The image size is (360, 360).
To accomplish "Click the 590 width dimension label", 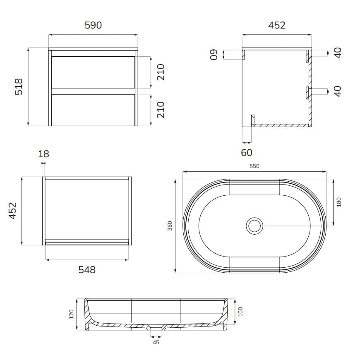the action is click(93, 25).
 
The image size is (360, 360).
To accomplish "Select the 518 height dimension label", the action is click(19, 86).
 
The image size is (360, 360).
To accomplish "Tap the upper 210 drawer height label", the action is click(161, 72).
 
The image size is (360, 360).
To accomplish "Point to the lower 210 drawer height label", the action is click(161, 110).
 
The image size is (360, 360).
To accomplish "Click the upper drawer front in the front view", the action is click(93, 72).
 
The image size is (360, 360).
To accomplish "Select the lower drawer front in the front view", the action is click(93, 110).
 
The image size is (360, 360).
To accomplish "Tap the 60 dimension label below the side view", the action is click(247, 153).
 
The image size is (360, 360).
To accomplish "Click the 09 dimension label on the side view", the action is click(214, 54).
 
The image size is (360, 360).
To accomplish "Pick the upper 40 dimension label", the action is click(338, 53).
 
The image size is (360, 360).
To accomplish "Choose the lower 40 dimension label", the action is click(338, 91).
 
